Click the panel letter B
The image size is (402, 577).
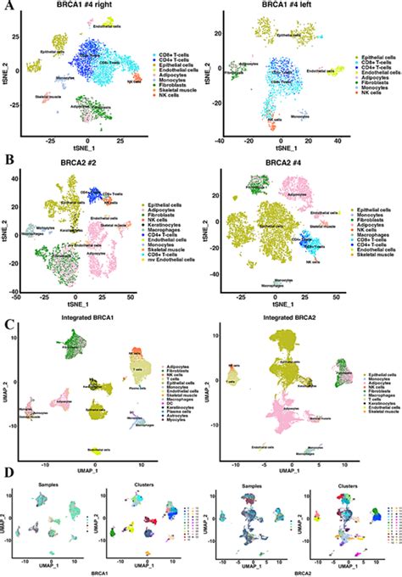coord(7,157)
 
